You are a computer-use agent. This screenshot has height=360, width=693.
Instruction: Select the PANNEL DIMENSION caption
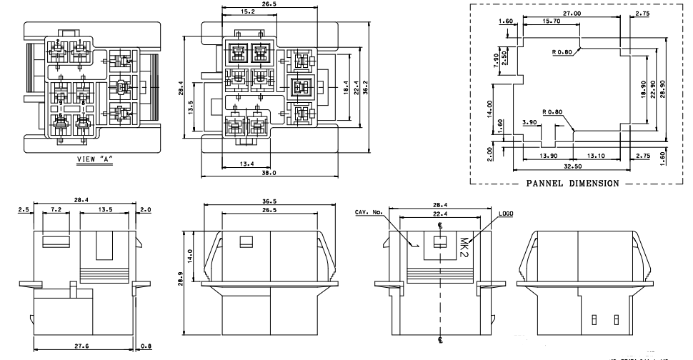coord(572,183)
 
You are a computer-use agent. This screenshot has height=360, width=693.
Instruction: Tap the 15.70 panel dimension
coord(552,22)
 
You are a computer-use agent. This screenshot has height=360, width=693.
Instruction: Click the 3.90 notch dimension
coord(529,122)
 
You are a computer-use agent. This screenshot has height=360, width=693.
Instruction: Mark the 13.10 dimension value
coord(595,156)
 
